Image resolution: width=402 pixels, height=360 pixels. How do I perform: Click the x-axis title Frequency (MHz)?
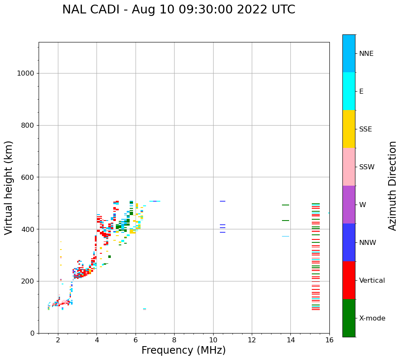tap(183, 350)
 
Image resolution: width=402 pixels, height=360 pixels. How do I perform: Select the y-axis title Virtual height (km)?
tap(9, 188)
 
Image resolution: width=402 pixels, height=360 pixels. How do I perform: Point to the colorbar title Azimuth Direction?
tap(392, 186)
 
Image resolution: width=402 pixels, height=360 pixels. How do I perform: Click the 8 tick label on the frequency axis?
tap(174, 340)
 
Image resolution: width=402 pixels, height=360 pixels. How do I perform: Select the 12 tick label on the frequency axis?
tap(252, 340)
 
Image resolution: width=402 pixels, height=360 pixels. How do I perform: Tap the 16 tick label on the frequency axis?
tap(329, 340)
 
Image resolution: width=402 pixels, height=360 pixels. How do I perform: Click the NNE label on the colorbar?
tap(366, 54)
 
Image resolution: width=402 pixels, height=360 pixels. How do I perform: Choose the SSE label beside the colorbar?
tap(365, 129)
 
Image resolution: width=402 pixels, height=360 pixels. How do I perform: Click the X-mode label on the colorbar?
tap(372, 318)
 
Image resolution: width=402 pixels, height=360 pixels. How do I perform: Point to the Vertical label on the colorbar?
tap(372, 281)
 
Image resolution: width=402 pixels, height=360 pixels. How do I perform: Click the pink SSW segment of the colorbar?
tap(349, 167)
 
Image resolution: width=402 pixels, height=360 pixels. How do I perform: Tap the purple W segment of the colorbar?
tap(349, 205)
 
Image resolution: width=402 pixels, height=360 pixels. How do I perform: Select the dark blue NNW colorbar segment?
tap(349, 242)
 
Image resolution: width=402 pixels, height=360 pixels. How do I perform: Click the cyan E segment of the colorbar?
tap(349, 91)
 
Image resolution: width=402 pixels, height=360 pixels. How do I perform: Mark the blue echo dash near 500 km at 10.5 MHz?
tap(222, 201)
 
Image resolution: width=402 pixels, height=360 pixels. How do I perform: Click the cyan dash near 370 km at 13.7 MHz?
tap(285, 236)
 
